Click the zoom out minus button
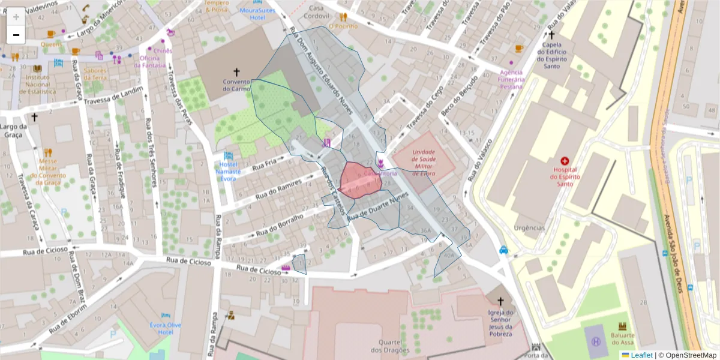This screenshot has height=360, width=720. [x=16, y=35]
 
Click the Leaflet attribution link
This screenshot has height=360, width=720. [x=637, y=355]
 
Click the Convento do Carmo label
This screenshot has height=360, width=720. [x=236, y=85]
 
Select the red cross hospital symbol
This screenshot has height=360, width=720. [x=564, y=161]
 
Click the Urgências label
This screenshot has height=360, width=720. [x=529, y=228]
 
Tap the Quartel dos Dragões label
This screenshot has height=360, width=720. [x=389, y=346]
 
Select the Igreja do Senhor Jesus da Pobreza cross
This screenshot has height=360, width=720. [x=500, y=302]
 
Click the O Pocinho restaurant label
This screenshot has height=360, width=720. [x=343, y=26]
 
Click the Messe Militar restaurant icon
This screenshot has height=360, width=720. [x=48, y=152]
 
